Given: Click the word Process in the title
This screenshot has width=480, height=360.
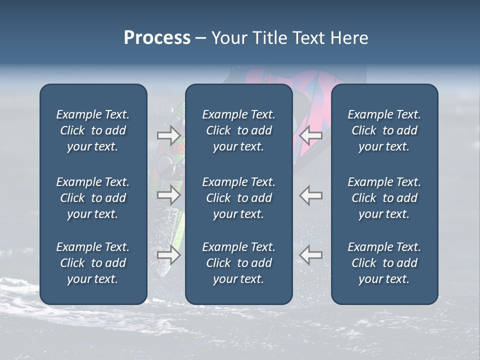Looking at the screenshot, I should click(x=157, y=38).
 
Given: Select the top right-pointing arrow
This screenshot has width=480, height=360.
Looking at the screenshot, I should click(x=168, y=135).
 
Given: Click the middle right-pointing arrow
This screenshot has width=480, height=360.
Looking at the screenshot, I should click(x=168, y=195).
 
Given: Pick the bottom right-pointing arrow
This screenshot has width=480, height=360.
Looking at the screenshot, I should click(x=168, y=255).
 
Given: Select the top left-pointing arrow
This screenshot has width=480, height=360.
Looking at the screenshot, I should click(x=311, y=135).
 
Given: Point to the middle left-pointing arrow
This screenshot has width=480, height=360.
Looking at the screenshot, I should click(x=311, y=195).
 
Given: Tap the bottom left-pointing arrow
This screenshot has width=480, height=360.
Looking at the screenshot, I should click(x=311, y=255).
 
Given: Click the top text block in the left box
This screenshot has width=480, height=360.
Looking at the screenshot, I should click(x=93, y=130).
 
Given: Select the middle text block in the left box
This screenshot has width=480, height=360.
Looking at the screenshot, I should click(x=93, y=198).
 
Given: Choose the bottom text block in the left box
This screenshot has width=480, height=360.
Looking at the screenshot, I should click(x=93, y=263).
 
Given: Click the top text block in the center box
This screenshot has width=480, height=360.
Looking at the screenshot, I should click(x=238, y=130).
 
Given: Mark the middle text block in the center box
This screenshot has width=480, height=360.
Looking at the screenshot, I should click(x=238, y=198).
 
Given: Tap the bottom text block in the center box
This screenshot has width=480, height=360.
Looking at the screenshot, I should click(x=238, y=263).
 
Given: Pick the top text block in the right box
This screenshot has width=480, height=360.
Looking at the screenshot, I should click(x=384, y=130).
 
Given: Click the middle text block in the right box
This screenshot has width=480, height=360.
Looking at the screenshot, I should click(x=384, y=198).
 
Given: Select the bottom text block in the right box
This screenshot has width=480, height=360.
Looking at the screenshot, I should click(x=384, y=263).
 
